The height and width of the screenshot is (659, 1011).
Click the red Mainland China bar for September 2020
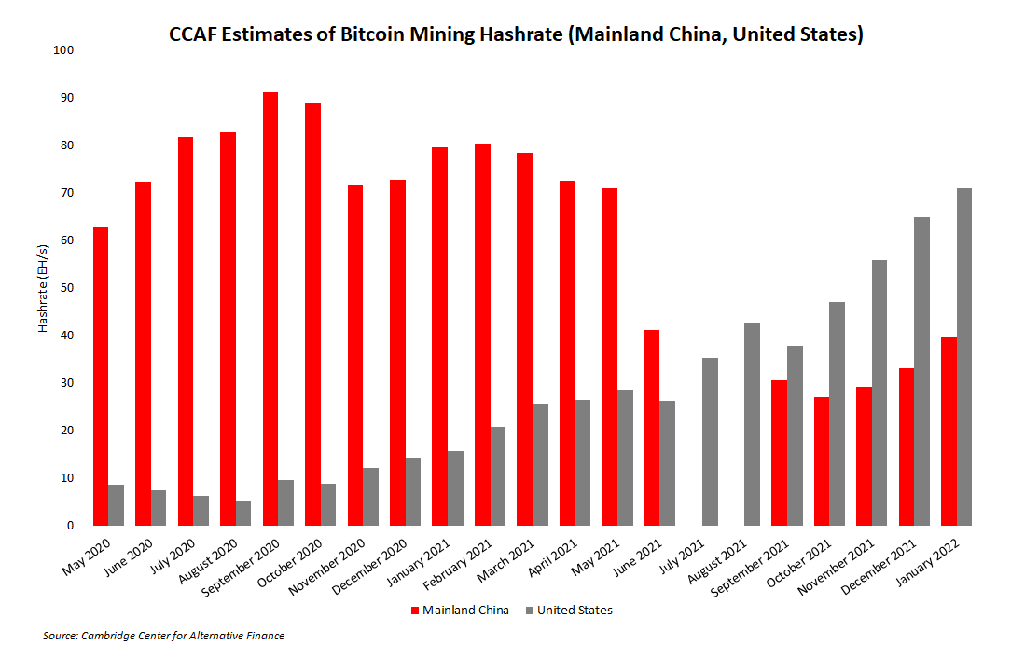click(x=270, y=309)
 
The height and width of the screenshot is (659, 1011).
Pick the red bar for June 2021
click(x=652, y=428)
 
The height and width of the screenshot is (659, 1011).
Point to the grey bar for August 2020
click(x=243, y=513)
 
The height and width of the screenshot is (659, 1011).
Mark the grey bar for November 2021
click(x=879, y=392)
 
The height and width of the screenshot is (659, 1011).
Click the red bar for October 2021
click(x=822, y=461)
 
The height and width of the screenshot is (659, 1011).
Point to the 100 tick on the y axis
click(x=64, y=50)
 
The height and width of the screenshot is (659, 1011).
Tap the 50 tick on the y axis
click(x=67, y=288)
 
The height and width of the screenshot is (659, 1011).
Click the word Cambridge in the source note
click(x=115, y=636)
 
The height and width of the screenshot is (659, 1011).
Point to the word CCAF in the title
click(x=195, y=35)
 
